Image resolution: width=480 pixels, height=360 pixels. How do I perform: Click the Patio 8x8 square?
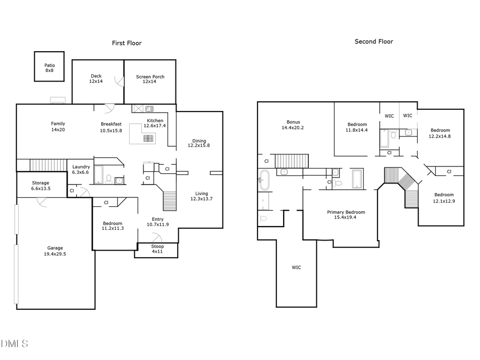pos(49,67)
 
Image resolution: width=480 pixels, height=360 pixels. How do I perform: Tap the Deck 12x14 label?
pos(96,78)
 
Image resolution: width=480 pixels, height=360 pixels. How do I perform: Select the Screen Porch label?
pos(150,79)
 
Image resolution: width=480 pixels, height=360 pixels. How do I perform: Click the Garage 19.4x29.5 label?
pos(55,251)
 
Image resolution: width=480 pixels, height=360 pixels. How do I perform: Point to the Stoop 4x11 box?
pos(157,250)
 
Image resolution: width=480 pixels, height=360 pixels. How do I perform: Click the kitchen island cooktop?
pos(148,139)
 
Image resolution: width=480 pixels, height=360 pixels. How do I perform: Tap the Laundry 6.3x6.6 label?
pos(81,170)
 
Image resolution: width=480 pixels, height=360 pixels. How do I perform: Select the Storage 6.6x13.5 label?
pos(40,186)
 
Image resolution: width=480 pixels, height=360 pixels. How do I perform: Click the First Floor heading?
pos(126,43)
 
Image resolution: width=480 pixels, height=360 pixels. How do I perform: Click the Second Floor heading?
pos(374,42)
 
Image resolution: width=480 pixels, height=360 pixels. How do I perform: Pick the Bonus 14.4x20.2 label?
pos(293,125)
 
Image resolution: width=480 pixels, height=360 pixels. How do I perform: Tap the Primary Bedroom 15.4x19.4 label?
pos(341,214)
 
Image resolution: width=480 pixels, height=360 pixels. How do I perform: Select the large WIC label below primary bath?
pos(296,267)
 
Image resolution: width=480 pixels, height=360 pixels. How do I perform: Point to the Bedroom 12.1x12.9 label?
pos(444,197)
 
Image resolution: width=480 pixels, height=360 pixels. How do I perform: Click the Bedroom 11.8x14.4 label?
pos(357,127)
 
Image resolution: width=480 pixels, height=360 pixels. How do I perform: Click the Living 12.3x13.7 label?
pos(202,196)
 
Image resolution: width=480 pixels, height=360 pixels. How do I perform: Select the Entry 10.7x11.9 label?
pos(158,221)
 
